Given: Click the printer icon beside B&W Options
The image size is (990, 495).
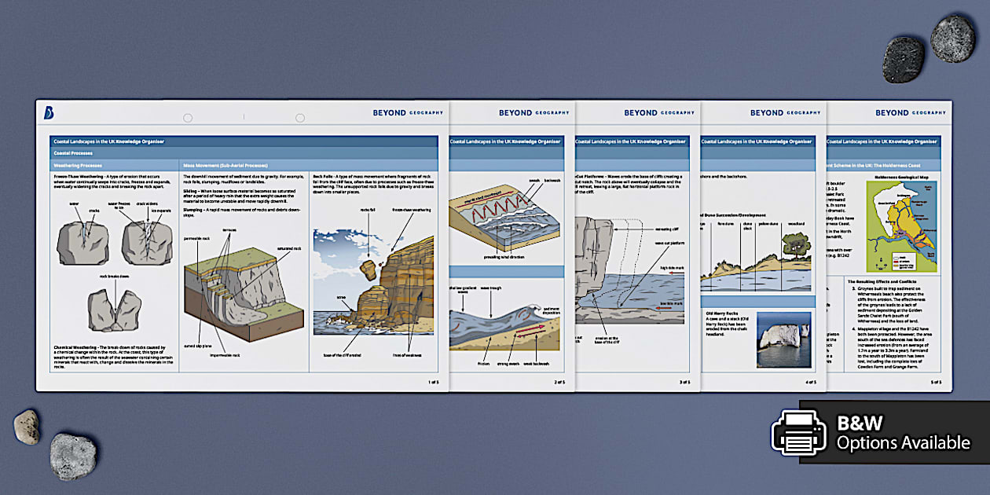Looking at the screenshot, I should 799,432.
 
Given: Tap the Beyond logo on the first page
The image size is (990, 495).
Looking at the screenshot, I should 49,113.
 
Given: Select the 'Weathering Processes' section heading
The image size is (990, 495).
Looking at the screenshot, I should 76,166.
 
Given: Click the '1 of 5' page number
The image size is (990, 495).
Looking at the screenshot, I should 433,382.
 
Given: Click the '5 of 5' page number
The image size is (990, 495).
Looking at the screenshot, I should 936,382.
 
